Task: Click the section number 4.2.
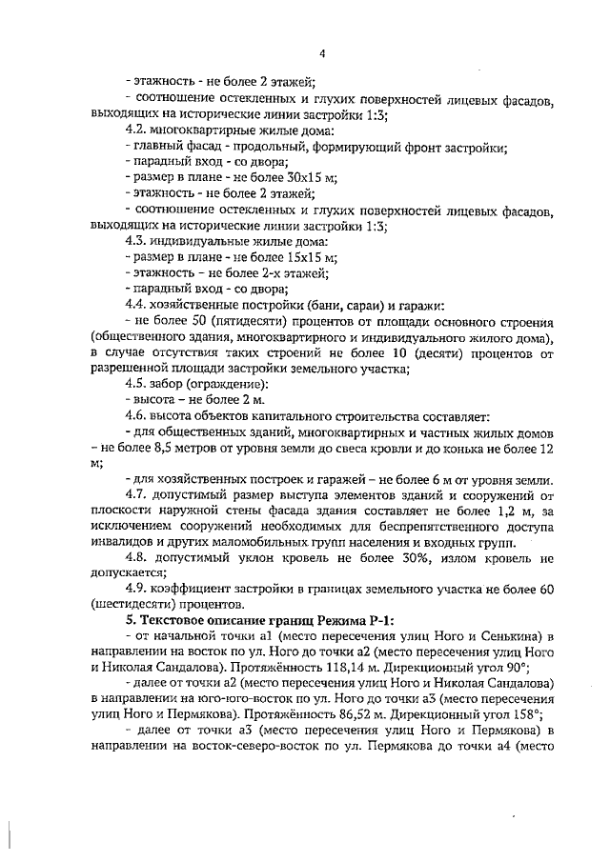137,130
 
